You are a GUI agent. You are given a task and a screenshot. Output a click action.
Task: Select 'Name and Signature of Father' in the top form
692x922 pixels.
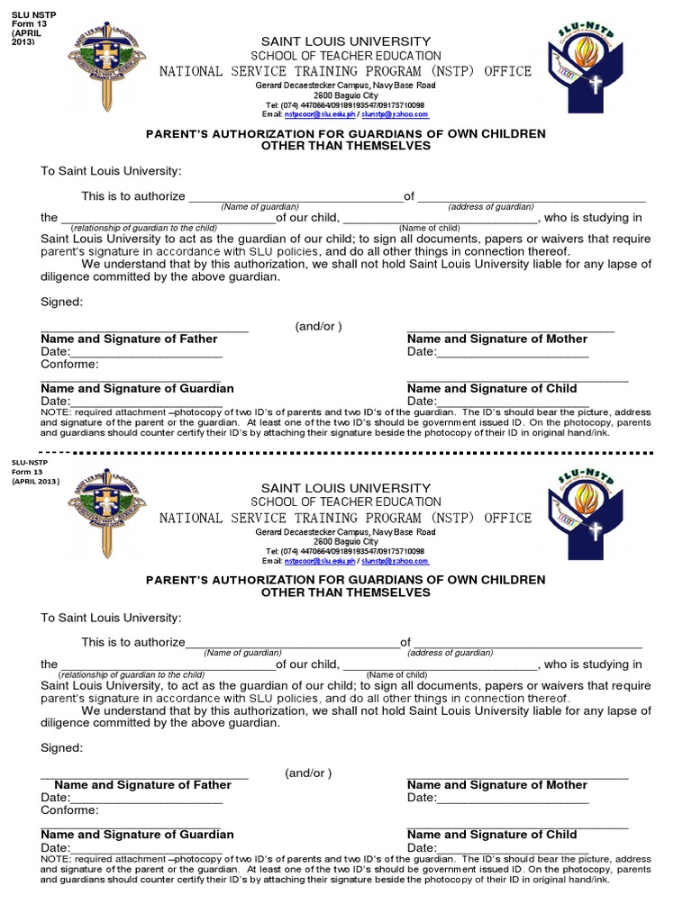tap(129, 339)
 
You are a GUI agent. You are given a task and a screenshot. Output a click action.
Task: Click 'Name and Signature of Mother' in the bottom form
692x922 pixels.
tap(496, 785)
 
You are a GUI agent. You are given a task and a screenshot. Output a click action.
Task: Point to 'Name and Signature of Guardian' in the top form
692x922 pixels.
tap(137, 388)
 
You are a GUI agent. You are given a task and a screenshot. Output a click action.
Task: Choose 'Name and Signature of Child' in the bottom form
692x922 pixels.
tap(492, 835)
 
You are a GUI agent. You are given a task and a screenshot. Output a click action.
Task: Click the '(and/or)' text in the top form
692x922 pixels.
tap(318, 326)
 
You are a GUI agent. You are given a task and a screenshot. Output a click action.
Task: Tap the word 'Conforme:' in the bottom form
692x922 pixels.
tap(69, 810)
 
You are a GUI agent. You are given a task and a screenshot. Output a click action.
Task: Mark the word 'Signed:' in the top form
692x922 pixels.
tap(61, 302)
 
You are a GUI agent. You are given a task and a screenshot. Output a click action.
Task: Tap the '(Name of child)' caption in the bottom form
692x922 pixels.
tap(396, 674)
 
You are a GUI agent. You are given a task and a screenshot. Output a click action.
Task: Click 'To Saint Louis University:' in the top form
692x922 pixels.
tap(111, 171)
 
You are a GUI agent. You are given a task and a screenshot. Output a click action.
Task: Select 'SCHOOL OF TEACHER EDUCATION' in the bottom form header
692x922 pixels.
tap(346, 502)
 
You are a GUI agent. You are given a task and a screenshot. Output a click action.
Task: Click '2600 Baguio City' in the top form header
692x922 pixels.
tap(346, 95)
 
